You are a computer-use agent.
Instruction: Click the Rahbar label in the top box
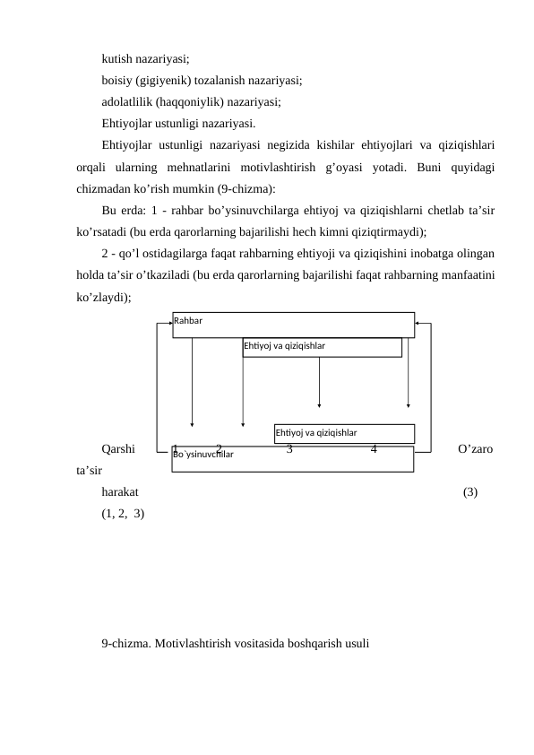188,320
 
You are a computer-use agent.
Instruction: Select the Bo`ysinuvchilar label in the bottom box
203,456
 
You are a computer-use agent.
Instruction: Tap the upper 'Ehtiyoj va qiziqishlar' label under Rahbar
284,345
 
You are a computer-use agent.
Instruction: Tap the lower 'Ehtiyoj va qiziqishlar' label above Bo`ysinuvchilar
316,432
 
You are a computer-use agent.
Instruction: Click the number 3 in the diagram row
289,448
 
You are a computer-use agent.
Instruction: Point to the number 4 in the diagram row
374,448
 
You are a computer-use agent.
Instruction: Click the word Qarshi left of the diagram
118,448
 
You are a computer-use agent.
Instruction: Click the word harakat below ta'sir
120,492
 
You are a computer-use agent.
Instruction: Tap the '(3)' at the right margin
470,492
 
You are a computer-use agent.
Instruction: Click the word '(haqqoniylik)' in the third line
193,101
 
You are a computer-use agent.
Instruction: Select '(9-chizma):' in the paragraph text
245,189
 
